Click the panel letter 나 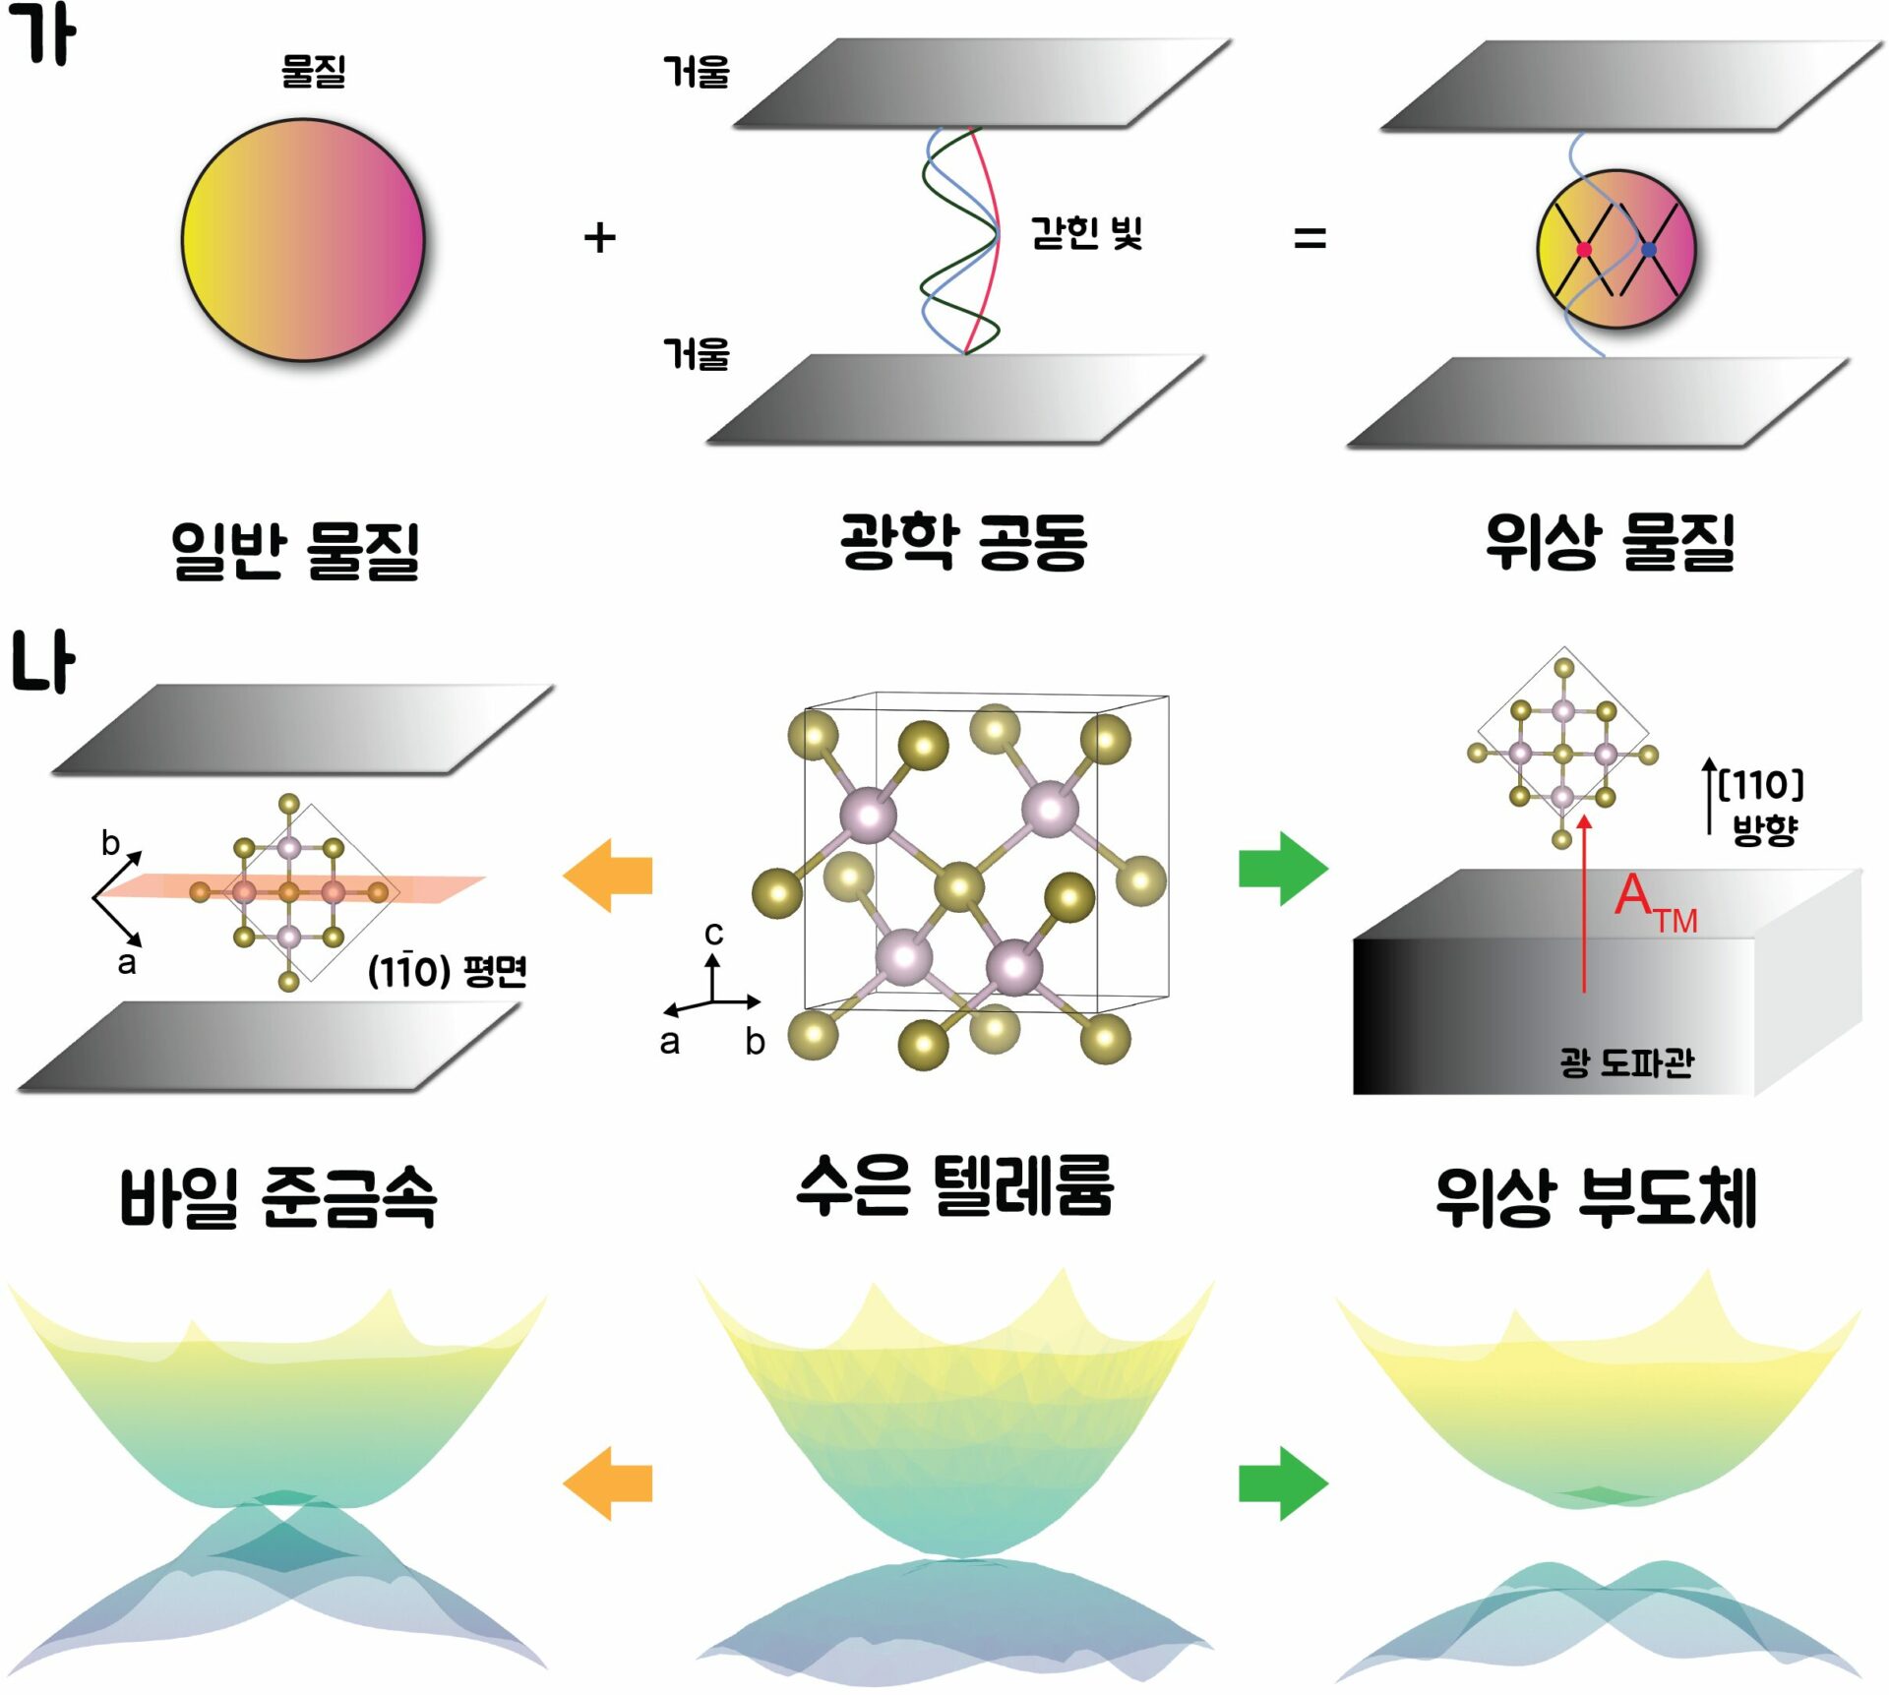43,661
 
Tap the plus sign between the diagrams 599,238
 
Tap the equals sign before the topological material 1310,238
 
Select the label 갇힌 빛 1086,232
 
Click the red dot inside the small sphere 1584,250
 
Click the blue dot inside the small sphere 1649,250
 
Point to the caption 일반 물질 295,550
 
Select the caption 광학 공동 963,541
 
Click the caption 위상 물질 1610,541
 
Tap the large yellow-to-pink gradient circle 303,240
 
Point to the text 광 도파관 1627,1062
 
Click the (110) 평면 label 448,971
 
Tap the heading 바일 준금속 277,1197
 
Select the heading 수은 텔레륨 954,1185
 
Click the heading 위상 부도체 1596,1197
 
